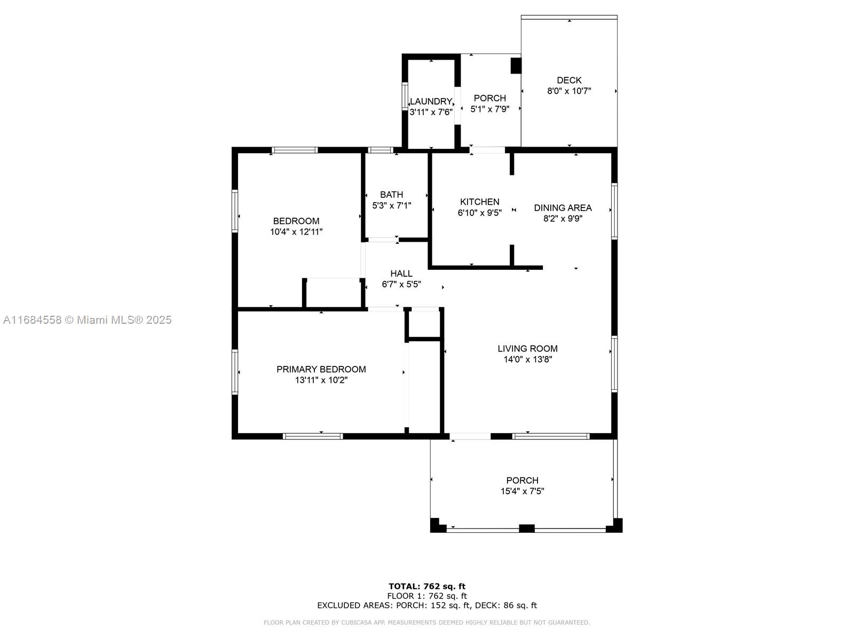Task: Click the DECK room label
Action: coord(569,81)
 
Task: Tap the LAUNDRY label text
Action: coord(431,101)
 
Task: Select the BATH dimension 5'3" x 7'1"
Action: coord(391,205)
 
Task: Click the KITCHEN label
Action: coord(479,202)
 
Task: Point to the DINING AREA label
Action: coord(563,208)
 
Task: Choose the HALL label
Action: coord(401,274)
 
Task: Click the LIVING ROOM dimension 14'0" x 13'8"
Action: coord(527,359)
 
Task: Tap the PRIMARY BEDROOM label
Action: coord(321,369)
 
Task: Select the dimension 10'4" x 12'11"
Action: coord(296,232)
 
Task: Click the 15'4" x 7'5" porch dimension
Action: coord(522,491)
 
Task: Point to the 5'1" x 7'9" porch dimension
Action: coord(489,109)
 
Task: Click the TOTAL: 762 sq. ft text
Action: coord(427,586)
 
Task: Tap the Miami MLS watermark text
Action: coord(87,320)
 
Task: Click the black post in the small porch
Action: coord(516,66)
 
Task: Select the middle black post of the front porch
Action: coord(526,529)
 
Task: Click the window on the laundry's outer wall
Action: coord(405,96)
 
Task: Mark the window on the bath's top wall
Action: coord(381,150)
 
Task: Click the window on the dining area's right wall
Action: coord(614,211)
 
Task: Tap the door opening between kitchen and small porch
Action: coord(487,150)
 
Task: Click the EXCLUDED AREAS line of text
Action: coord(427,605)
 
